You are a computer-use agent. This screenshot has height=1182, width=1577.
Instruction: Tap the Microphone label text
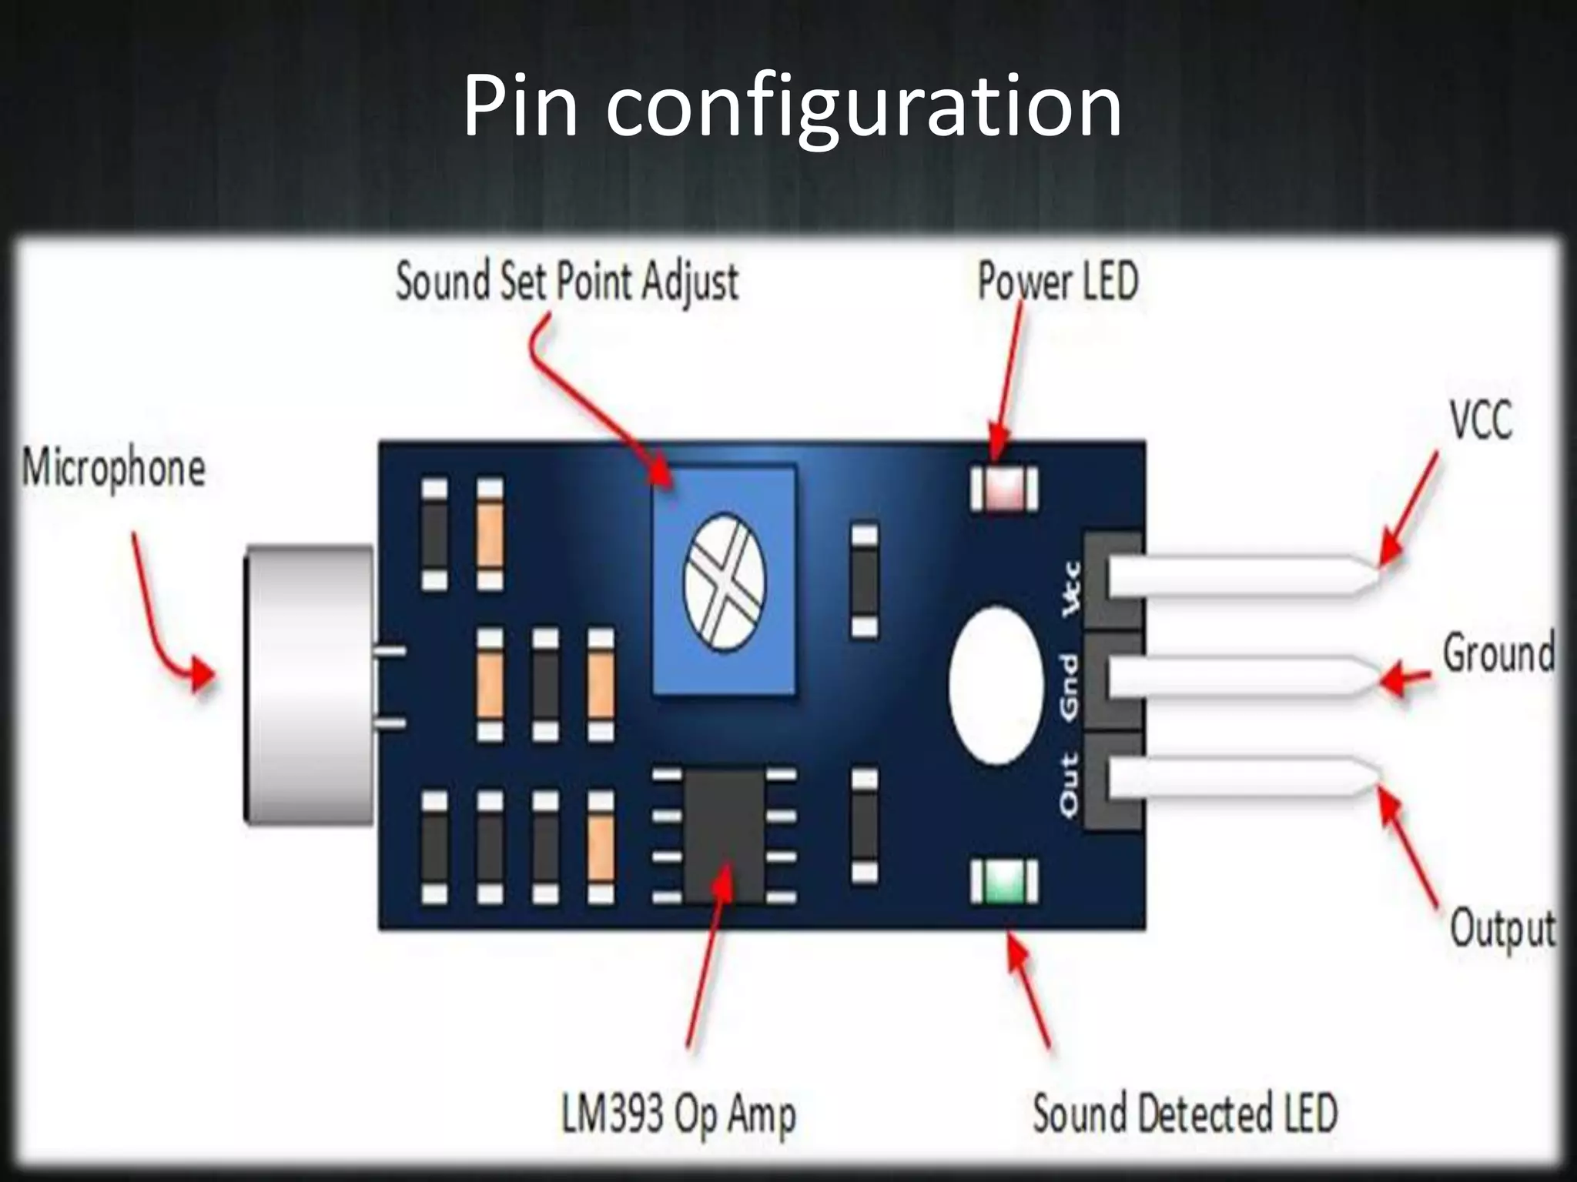coord(113,468)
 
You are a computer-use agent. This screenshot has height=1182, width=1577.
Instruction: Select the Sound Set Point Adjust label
coord(567,282)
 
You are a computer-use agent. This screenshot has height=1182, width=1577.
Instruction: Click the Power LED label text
coord(1057,282)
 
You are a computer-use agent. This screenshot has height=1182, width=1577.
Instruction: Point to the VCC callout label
coord(1481,420)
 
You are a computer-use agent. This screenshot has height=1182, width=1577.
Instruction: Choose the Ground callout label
coord(1498,653)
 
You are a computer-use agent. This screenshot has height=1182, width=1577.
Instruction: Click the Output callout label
coord(1502,929)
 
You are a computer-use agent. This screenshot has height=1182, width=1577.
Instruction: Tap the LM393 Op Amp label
coord(678,1114)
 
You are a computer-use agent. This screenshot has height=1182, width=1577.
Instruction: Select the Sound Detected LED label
coord(1184,1114)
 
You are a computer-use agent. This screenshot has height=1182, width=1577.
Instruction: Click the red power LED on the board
coord(1003,489)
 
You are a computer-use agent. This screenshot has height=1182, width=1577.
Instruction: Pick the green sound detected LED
coord(1003,882)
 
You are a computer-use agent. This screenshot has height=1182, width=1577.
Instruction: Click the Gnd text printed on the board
coord(1070,687)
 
